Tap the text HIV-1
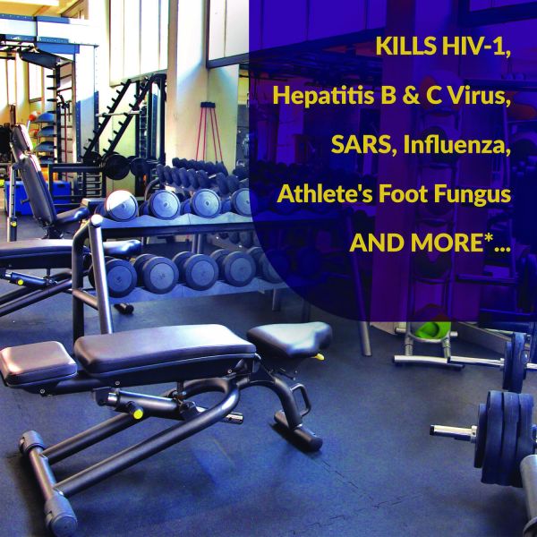476,47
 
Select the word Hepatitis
323,97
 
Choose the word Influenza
456,145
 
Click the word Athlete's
325,194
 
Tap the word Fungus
473,194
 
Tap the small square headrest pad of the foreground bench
37,363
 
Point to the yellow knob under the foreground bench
138,413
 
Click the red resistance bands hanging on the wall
209,130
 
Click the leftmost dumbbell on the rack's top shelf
121,206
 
